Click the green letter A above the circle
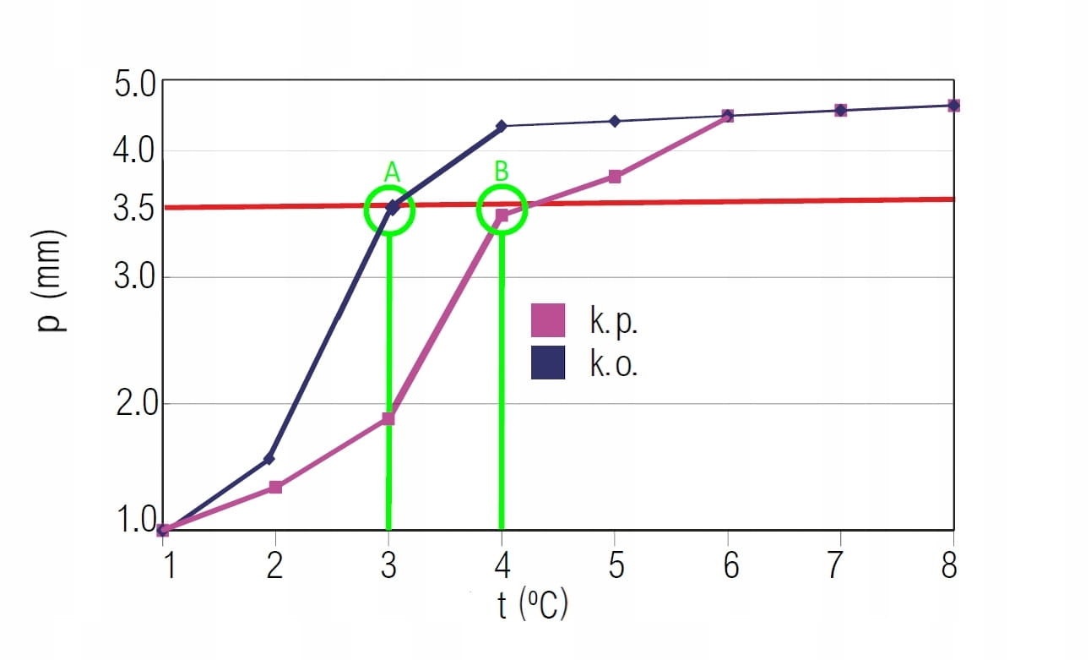point(391,172)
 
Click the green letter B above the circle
point(502,172)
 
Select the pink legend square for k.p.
point(548,320)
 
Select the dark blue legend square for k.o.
point(548,362)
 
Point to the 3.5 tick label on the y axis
point(133,208)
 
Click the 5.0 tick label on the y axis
point(133,85)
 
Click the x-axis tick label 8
point(950,565)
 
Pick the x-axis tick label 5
point(616,565)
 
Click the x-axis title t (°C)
point(532,605)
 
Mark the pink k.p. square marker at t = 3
point(388,418)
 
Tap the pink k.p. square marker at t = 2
point(275,487)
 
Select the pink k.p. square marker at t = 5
point(615,177)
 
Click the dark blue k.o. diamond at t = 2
point(269,459)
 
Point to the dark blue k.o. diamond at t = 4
point(502,126)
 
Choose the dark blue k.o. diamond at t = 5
point(615,121)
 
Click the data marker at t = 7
point(840,110)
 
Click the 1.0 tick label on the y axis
point(133,519)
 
